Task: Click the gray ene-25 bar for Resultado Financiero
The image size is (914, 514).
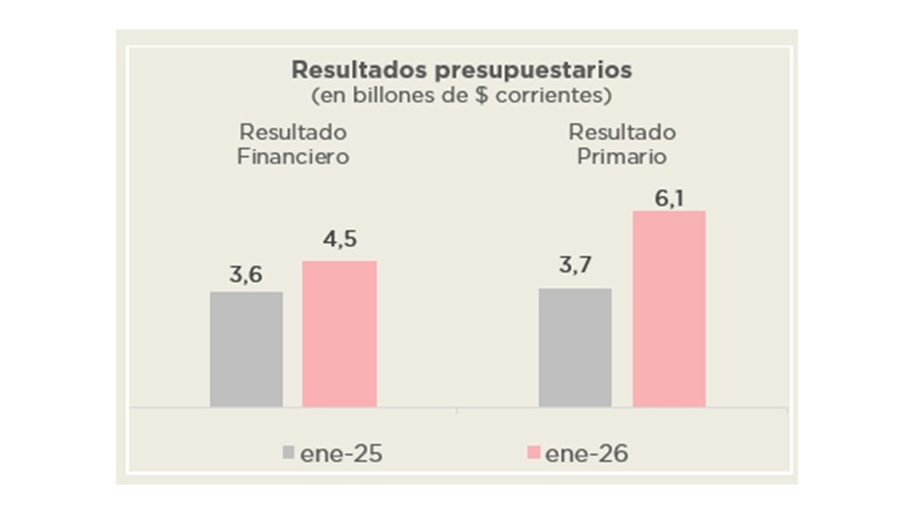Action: tap(246, 349)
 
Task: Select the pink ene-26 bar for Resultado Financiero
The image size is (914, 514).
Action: tap(339, 334)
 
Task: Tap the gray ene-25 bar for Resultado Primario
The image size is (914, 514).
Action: tap(575, 347)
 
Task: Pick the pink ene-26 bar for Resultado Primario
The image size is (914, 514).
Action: tap(669, 309)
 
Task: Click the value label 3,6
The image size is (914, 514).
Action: tap(246, 276)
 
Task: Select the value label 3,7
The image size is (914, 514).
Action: tap(575, 267)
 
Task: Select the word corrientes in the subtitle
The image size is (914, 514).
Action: tap(544, 94)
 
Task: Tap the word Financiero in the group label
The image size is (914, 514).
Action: tap(293, 156)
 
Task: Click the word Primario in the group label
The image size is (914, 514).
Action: tap(622, 156)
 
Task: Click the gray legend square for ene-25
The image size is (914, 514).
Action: tap(287, 453)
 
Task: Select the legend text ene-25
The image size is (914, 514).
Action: tap(341, 453)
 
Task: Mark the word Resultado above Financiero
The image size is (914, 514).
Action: tap(293, 132)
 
